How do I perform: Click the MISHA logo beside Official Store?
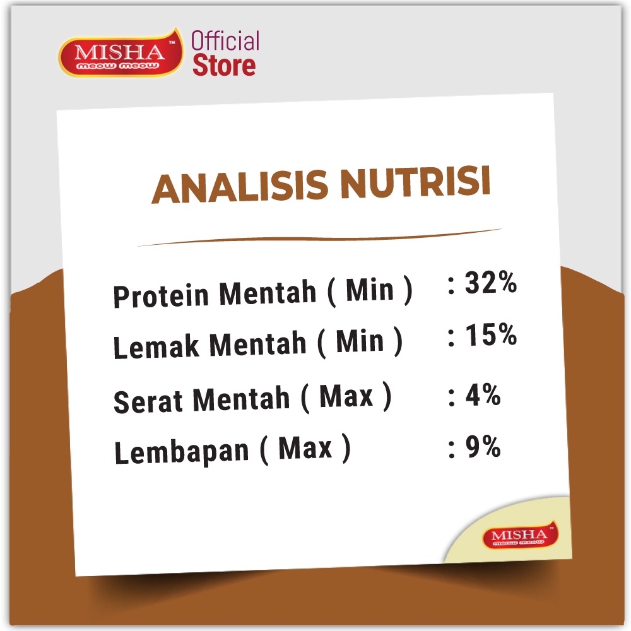pyautogui.click(x=121, y=53)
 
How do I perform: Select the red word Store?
pyautogui.click(x=224, y=66)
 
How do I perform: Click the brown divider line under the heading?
pyautogui.click(x=320, y=238)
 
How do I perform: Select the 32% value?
pyautogui.click(x=490, y=283)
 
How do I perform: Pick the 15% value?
pyautogui.click(x=491, y=334)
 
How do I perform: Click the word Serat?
pyautogui.click(x=148, y=401)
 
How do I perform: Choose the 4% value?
pyautogui.click(x=483, y=395)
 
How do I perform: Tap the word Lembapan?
pyautogui.click(x=182, y=452)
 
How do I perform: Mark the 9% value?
pyautogui.click(x=483, y=447)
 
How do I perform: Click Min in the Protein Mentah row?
pyautogui.click(x=369, y=290)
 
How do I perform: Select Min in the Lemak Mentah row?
pyautogui.click(x=360, y=341)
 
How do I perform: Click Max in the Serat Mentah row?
pyautogui.click(x=346, y=396)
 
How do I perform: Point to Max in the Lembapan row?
pyautogui.click(x=305, y=447)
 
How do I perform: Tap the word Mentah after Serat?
pyautogui.click(x=241, y=399)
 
